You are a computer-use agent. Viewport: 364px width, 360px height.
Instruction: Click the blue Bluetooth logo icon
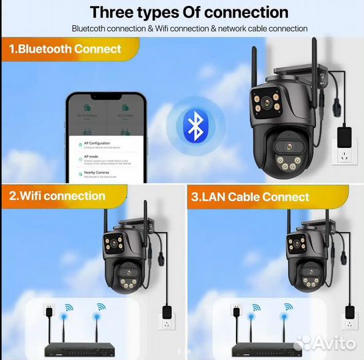pos(194,125)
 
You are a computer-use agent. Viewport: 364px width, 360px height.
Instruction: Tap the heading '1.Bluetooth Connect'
pos(65,49)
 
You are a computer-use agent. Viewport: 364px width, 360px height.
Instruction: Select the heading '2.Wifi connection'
pos(57,196)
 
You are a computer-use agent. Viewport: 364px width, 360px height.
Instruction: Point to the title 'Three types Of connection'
pos(189,12)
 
